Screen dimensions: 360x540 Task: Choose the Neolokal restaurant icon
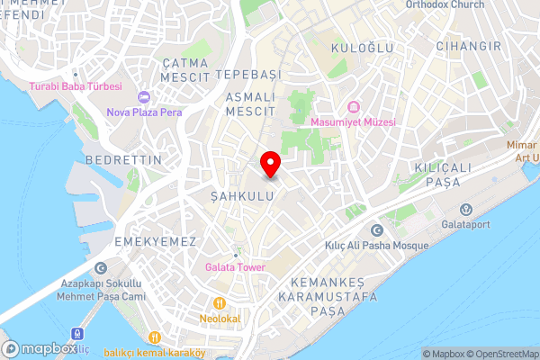pyautogui.click(x=218, y=303)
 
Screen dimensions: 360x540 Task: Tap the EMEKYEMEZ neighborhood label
pyautogui.click(x=143, y=242)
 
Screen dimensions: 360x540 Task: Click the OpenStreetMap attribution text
pyautogui.click(x=499, y=354)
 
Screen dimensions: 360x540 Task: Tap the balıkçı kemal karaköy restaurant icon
pyautogui.click(x=155, y=337)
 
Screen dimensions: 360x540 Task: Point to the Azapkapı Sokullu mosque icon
pyautogui.click(x=100, y=268)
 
